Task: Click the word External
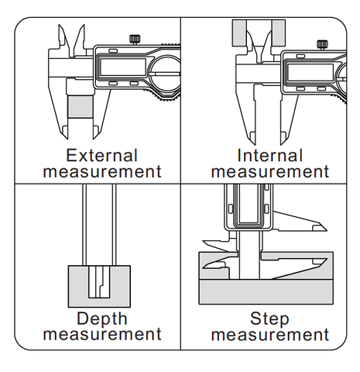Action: point(102,155)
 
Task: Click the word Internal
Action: point(269,155)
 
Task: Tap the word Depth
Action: point(102,319)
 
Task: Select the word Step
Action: point(269,319)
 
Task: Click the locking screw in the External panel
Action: point(135,40)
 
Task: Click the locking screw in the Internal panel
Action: point(322,45)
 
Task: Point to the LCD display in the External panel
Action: point(122,67)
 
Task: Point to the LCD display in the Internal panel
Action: point(310,72)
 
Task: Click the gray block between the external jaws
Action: point(81,106)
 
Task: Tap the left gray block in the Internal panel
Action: point(239,33)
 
